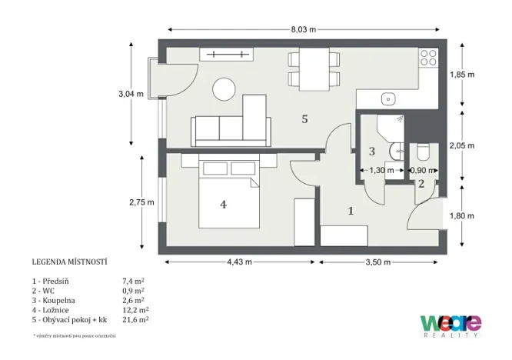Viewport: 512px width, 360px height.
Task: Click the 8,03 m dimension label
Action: pos(303,29)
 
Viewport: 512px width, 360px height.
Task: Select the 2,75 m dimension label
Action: pos(142,202)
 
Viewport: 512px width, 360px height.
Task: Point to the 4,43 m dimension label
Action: pos(239,262)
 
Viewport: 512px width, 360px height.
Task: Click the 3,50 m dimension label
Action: pos(377,262)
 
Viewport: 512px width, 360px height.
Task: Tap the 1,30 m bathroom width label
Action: pos(382,171)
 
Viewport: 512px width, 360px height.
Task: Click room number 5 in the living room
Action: pos(304,119)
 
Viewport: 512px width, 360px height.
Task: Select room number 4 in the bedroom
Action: pos(223,205)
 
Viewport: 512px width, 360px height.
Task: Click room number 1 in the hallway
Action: pos(351,210)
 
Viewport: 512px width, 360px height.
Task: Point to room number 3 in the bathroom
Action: pos(371,152)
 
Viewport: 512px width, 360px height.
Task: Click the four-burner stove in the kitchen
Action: pos(427,57)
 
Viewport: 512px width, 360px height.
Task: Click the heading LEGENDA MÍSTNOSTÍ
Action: pos(69,262)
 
